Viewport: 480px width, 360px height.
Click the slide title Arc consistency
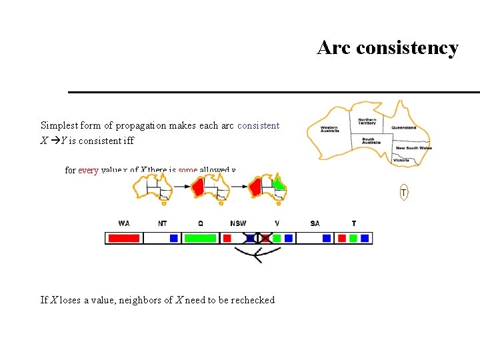point(387,48)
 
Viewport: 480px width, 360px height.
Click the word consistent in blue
point(258,125)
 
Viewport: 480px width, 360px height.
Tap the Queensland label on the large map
point(403,127)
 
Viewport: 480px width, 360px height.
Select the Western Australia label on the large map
point(329,129)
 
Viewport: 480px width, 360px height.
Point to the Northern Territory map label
point(367,121)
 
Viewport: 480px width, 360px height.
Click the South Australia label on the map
point(371,141)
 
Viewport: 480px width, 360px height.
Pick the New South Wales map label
point(413,148)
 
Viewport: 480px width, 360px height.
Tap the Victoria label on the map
point(401,161)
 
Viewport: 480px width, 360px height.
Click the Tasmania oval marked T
point(403,193)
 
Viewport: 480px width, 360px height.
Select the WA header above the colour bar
point(124,223)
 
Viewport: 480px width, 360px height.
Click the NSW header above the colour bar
point(238,223)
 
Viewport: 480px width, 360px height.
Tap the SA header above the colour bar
point(315,223)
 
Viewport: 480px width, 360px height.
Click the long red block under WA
point(124,238)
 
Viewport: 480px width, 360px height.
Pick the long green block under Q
point(200,238)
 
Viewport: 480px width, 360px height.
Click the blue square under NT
point(174,238)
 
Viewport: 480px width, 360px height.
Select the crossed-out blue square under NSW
point(251,238)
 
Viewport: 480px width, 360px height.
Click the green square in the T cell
point(353,238)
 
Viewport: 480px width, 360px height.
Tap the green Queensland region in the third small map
point(280,183)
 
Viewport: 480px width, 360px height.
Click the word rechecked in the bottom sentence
point(253,300)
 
